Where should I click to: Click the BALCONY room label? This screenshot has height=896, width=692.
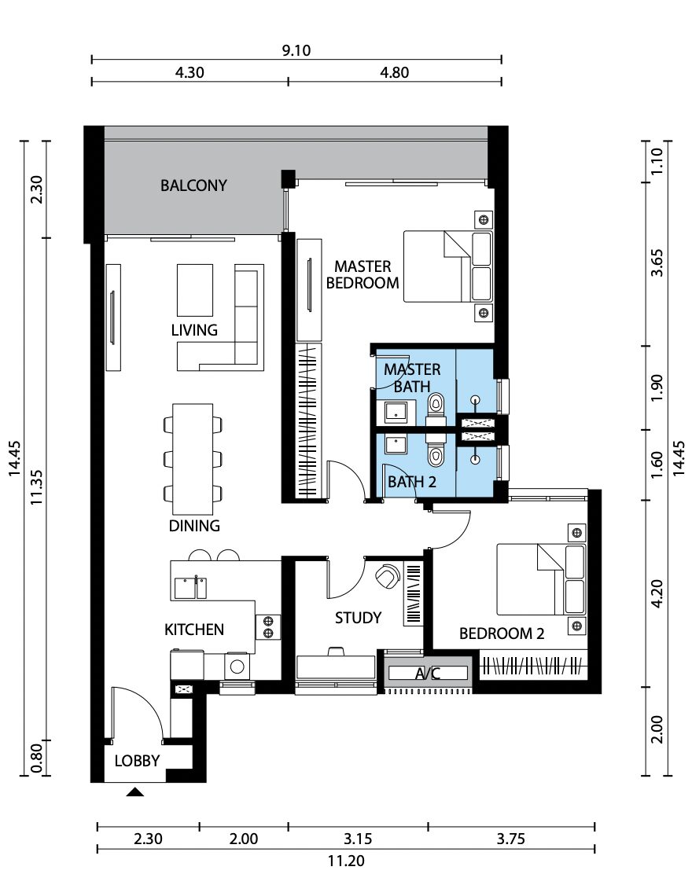coord(193,185)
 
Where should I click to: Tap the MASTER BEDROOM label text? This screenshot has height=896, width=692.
coord(363,274)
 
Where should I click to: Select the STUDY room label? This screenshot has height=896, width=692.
coord(358,617)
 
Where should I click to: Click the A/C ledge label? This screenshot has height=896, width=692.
coord(427,674)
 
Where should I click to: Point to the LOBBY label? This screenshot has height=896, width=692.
coord(137,761)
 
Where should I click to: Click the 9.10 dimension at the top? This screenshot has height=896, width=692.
coord(296,50)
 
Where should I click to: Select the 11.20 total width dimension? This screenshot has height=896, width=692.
coord(346,860)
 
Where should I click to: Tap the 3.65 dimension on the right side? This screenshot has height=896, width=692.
coord(657,263)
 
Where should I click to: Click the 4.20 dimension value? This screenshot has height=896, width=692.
coord(657,593)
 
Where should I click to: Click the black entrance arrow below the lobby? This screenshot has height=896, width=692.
coord(135,791)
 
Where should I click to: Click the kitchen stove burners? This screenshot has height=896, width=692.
coord(267,627)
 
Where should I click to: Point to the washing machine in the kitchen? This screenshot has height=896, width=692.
coord(237,666)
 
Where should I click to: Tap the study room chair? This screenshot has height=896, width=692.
coord(387,575)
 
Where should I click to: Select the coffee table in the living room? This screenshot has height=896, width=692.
coord(195,290)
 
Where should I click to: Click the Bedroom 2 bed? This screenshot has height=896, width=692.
coord(541,579)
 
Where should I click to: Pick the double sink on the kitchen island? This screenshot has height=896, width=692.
coord(190,587)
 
